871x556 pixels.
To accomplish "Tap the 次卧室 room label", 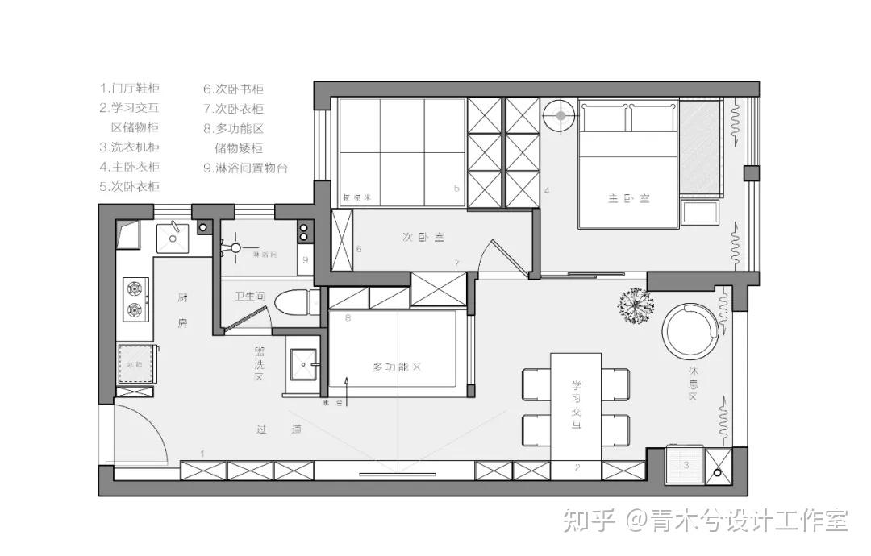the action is [424, 237].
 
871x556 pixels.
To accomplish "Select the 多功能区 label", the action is [397, 367].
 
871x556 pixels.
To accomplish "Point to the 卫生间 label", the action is [249, 297].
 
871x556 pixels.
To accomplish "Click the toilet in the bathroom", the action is [293, 304].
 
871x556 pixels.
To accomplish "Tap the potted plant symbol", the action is [636, 305].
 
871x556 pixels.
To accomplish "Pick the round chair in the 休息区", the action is [690, 330].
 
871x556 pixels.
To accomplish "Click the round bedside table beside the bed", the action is [558, 115].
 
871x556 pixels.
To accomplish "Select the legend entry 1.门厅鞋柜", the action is [129, 88].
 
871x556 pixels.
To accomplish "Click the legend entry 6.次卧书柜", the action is [233, 89].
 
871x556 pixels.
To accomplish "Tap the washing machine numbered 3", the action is [685, 466].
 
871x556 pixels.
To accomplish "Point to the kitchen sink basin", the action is [172, 235].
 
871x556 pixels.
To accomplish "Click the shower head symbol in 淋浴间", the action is [235, 247].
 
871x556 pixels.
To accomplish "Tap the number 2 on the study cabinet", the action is [577, 467].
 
